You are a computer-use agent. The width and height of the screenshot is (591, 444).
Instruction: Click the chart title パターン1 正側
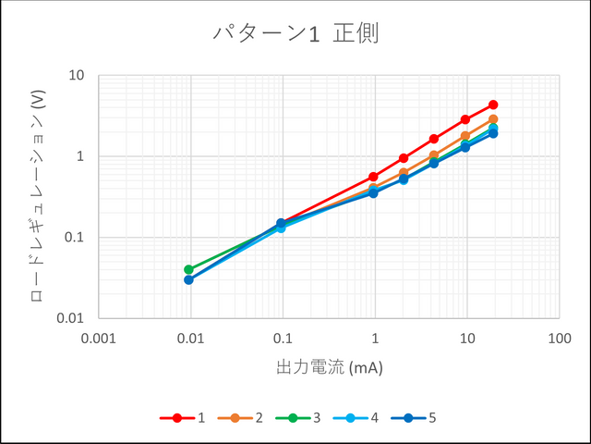click(295, 34)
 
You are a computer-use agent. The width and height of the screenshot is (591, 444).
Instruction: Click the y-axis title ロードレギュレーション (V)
click(38, 195)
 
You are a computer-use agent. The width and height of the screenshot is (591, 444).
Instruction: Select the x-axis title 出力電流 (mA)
click(329, 367)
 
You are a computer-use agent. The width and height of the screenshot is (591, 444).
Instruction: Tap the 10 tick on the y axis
click(78, 75)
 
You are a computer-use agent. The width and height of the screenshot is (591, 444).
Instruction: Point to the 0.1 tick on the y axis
click(74, 238)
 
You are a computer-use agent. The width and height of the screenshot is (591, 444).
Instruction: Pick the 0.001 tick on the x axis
click(98, 338)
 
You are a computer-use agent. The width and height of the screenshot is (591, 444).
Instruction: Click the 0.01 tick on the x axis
click(190, 338)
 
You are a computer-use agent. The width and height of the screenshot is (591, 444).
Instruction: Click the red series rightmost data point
click(493, 105)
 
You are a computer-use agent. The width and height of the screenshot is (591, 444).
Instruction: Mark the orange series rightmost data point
click(493, 119)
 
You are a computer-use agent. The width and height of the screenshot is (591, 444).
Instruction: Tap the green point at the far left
click(188, 269)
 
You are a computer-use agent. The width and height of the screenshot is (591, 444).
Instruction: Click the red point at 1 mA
click(374, 177)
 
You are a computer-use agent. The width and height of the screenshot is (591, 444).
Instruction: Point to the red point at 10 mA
click(465, 119)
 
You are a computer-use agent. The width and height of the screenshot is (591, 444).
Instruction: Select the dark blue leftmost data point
click(188, 279)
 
